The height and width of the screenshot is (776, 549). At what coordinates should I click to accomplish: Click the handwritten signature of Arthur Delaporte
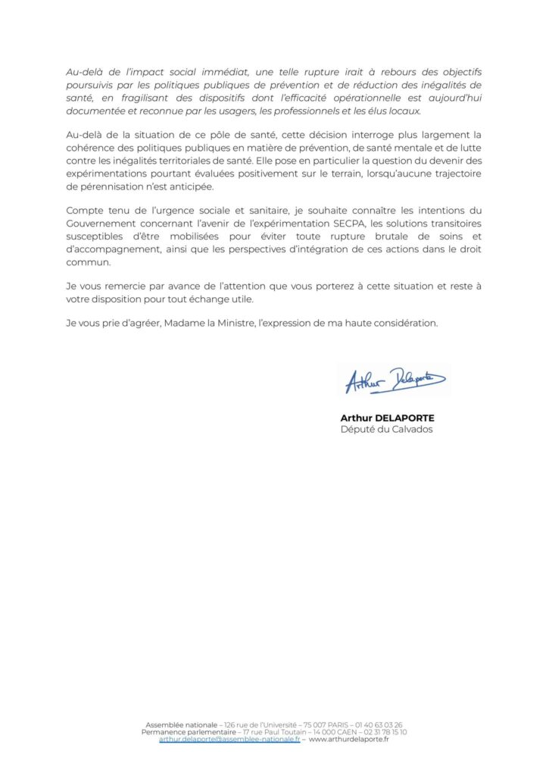pyautogui.click(x=395, y=380)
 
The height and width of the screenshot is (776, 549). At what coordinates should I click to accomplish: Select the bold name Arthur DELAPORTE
pyautogui.click(x=388, y=418)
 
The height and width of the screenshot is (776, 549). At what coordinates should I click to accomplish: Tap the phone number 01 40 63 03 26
pyautogui.click(x=378, y=725)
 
